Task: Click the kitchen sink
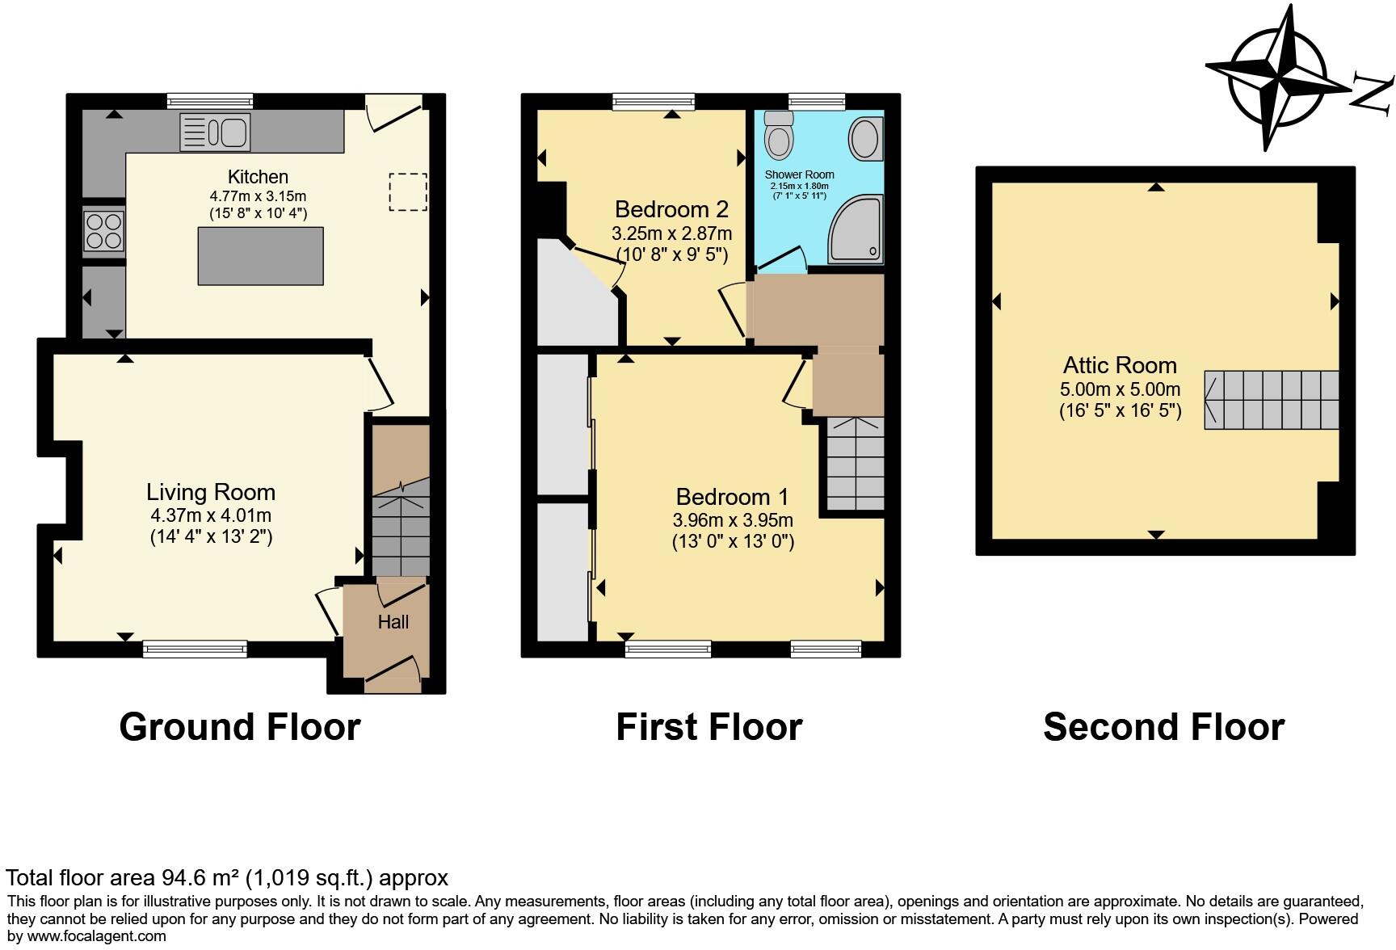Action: (215, 132)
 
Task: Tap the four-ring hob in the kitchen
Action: (104, 230)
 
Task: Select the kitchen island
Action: (260, 255)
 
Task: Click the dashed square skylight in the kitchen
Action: (408, 192)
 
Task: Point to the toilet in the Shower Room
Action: (779, 134)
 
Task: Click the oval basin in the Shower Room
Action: (865, 139)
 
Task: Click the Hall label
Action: (393, 622)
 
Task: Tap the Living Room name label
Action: (211, 492)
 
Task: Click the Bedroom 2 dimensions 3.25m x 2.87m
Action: (672, 234)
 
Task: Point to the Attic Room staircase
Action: (1271, 400)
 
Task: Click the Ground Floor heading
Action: (239, 727)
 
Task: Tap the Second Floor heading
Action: (1163, 727)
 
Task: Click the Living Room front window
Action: (195, 648)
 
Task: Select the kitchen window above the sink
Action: (210, 101)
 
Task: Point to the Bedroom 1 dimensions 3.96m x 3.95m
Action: (733, 520)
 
